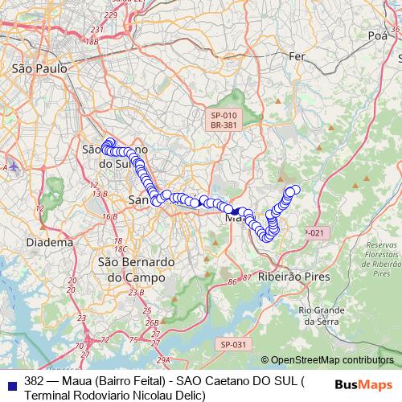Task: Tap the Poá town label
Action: (x=376, y=35)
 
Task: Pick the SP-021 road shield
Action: (x=316, y=232)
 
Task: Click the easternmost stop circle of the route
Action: (x=295, y=190)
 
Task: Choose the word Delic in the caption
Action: (x=188, y=395)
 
